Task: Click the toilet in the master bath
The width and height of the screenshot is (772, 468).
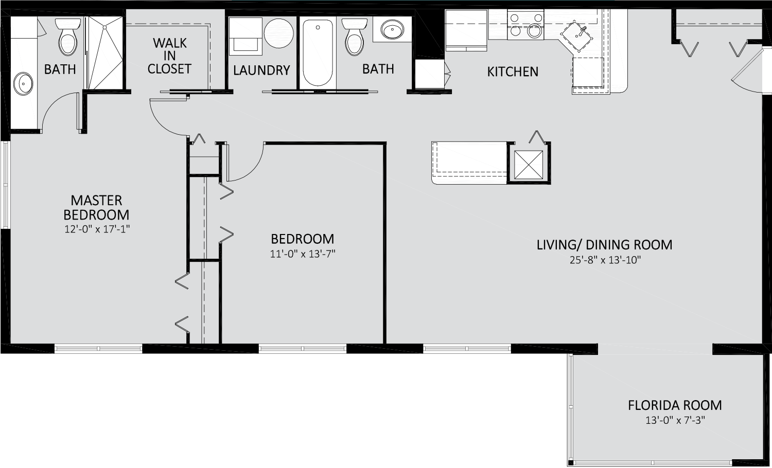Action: (68, 37)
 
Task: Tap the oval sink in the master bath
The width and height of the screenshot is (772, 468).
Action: (23, 83)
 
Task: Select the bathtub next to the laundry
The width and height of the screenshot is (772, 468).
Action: (318, 52)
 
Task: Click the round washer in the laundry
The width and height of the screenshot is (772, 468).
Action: (279, 33)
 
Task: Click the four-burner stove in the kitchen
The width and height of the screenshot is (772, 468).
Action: (525, 25)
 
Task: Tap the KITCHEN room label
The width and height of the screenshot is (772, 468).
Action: (513, 71)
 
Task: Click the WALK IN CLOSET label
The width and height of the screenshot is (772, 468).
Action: (169, 56)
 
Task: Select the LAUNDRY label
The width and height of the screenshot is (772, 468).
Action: (261, 70)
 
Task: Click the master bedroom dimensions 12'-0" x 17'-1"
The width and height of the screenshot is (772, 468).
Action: (97, 229)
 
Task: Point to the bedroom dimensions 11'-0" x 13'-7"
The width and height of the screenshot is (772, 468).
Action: (303, 254)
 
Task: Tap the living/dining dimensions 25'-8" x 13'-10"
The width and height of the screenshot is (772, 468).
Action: (605, 260)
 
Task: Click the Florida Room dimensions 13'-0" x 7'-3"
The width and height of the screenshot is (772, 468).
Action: (675, 420)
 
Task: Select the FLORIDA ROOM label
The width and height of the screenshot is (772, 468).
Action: (675, 405)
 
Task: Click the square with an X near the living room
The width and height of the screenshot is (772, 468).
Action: (529, 165)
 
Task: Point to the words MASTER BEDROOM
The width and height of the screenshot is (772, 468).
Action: (96, 207)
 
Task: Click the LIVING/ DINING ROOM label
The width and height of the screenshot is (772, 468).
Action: (605, 245)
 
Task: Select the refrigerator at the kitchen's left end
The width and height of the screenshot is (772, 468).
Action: (466, 30)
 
